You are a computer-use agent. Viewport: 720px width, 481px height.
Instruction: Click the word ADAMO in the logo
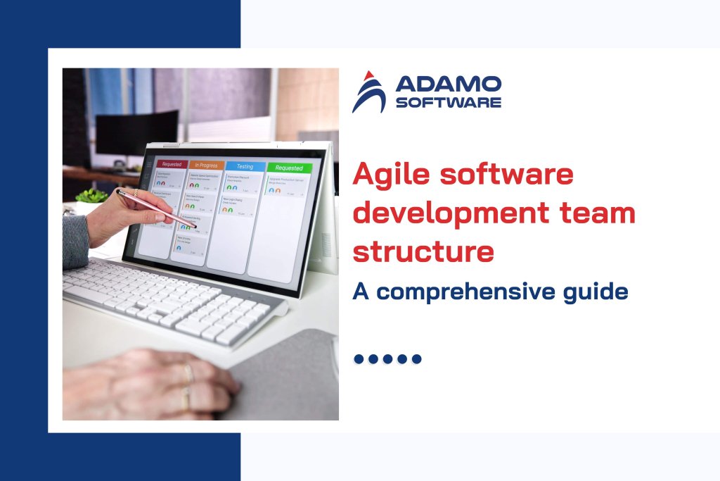[x=449, y=85]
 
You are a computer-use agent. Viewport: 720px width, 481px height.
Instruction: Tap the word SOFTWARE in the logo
[x=449, y=103]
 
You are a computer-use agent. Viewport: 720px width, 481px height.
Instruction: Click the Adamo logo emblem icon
[x=369, y=92]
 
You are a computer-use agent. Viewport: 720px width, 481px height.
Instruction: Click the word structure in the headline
[x=423, y=251]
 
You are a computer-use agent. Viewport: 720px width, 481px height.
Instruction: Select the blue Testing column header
[x=245, y=166]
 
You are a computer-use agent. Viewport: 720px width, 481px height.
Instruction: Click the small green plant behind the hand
[x=91, y=196]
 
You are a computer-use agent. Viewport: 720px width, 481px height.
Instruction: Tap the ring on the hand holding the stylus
[x=135, y=192]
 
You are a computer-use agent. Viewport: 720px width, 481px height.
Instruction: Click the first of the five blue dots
[x=359, y=359]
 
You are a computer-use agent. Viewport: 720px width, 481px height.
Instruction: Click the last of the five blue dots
[x=417, y=359]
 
